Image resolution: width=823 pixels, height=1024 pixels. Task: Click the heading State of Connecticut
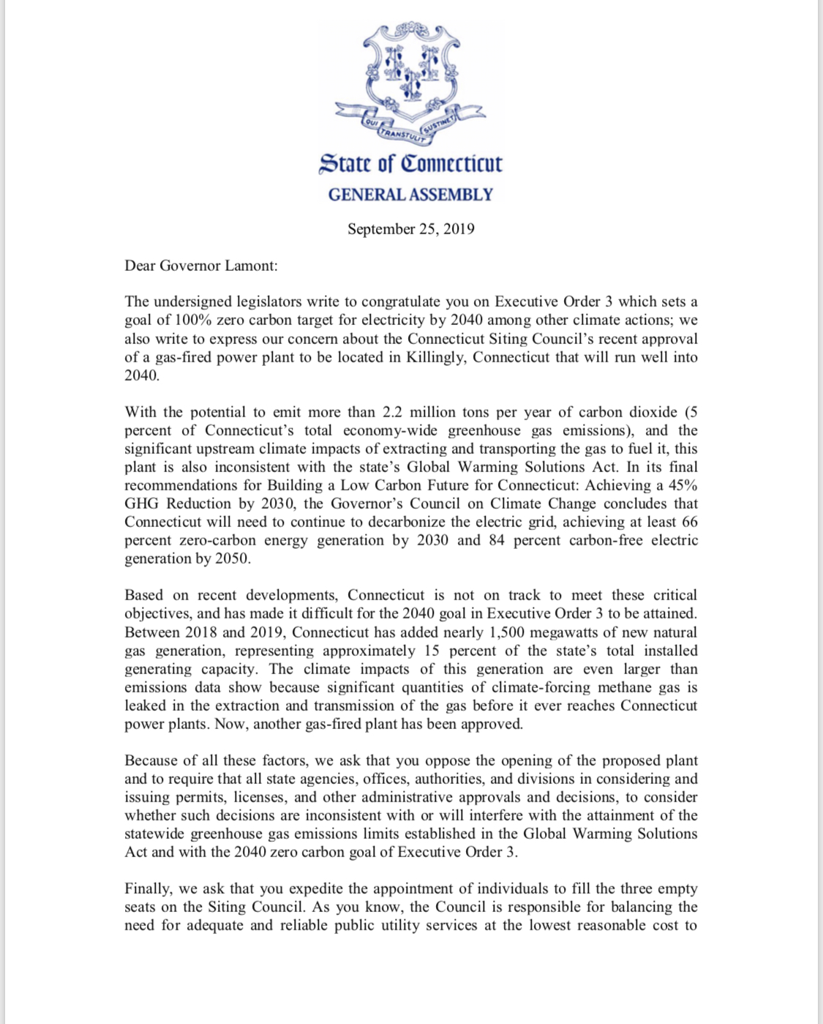click(x=410, y=163)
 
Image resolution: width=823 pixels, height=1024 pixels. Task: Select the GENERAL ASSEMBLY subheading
click(x=410, y=195)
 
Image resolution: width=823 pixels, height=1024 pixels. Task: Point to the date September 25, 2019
click(x=410, y=229)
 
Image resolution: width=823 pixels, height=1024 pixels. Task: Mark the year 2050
click(x=232, y=558)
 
